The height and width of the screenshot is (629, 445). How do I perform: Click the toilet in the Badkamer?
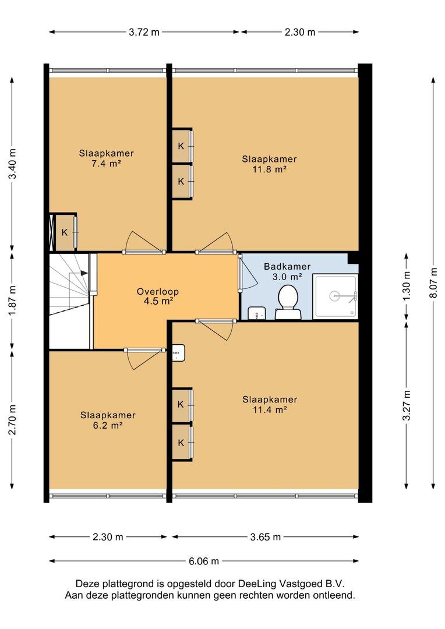click(x=288, y=302)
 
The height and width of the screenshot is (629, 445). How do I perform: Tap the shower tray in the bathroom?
click(x=335, y=296)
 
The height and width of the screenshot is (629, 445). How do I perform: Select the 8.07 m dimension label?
click(x=433, y=283)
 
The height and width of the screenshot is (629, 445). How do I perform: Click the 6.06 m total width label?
click(x=204, y=561)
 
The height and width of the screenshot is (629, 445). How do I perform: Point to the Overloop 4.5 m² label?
click(x=158, y=296)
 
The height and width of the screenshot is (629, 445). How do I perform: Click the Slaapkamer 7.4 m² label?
click(x=107, y=158)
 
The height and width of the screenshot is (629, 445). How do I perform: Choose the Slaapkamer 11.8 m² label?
click(x=269, y=164)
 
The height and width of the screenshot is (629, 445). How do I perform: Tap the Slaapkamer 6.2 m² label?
click(x=108, y=420)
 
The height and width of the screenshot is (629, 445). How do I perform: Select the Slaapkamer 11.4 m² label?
click(x=270, y=404)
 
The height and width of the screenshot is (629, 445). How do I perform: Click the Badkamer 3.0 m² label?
click(x=287, y=271)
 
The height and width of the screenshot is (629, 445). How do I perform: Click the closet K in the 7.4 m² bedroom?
click(x=65, y=232)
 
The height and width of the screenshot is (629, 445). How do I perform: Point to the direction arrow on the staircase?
click(x=84, y=273)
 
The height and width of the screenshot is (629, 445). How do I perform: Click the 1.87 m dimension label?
click(x=12, y=301)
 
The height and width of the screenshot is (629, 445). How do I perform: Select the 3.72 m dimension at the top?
click(x=144, y=32)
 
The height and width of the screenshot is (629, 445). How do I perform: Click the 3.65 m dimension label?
click(x=265, y=537)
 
